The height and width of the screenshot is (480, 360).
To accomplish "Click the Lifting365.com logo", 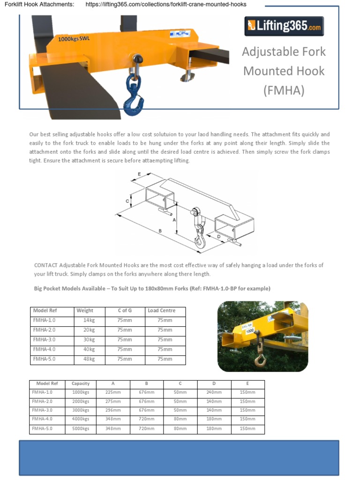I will coord(284,26).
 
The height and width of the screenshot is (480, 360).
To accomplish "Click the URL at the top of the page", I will coord(166,4).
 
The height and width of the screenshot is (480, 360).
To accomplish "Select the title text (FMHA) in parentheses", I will coord(284,90).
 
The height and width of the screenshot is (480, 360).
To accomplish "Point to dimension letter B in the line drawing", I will coord(160,231).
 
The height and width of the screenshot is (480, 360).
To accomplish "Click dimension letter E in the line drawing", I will coord(139,174).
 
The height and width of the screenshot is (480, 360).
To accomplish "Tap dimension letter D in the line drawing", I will coord(219,237).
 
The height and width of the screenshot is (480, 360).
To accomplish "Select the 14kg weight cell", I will coord(89,320).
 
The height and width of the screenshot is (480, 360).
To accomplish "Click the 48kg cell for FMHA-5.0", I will coord(89,359).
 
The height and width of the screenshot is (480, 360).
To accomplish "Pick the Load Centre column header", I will coord(161,310).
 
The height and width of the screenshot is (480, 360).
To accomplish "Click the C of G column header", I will coord(125,310).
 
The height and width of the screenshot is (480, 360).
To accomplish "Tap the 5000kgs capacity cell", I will coord(81,428).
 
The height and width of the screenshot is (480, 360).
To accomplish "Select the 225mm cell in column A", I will coord(113,392).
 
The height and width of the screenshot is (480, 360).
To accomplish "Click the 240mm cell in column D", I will coord(214,392).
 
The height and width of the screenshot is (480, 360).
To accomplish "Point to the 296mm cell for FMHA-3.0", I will coord(113,410).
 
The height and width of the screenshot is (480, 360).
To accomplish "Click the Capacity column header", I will coord(81,383).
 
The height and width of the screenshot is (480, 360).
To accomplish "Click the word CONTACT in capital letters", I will coord(46,265).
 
